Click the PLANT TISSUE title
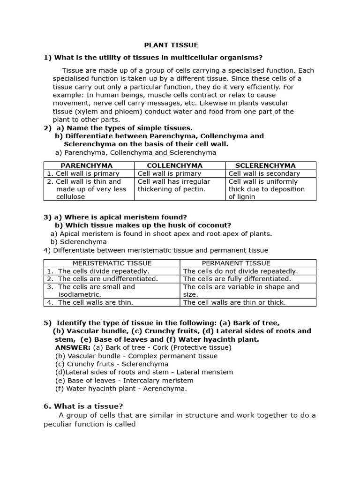coord(171,45)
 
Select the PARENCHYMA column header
coord(87,165)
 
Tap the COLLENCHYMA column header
coord(174,165)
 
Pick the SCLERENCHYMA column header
coord(265,165)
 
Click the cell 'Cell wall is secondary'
coord(264,173)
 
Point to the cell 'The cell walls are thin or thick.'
coord(234,302)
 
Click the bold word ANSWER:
coord(73,347)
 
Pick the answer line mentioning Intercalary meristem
coord(124,380)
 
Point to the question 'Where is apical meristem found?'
coord(125,217)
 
